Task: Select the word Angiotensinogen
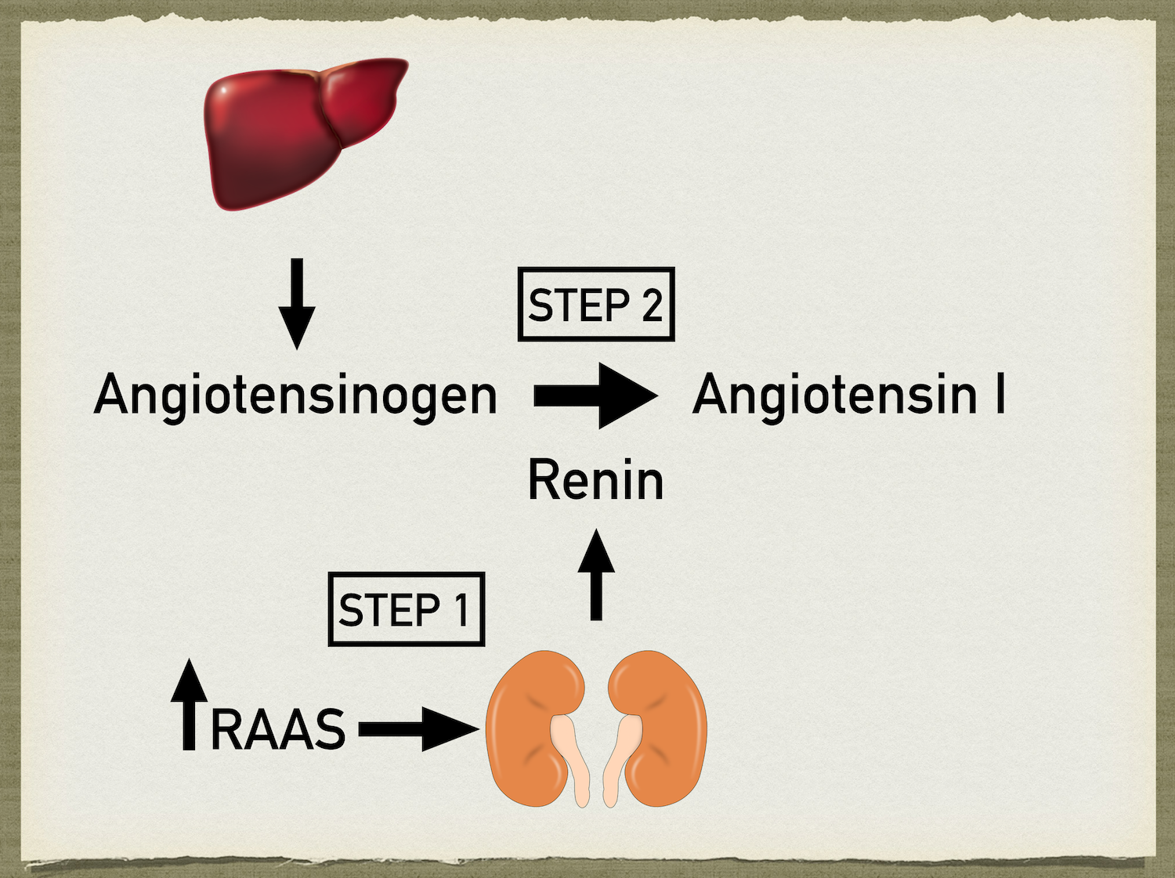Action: pyautogui.click(x=295, y=395)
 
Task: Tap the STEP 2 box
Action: pyautogui.click(x=595, y=305)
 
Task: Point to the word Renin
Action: pyautogui.click(x=595, y=479)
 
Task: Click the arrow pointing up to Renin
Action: pyautogui.click(x=596, y=575)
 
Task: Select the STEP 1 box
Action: pyautogui.click(x=406, y=609)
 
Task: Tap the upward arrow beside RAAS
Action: pyautogui.click(x=189, y=705)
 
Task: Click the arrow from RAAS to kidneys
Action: pyautogui.click(x=419, y=729)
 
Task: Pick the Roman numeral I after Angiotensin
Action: pyautogui.click(x=1000, y=394)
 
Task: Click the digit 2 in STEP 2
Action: pyautogui.click(x=652, y=305)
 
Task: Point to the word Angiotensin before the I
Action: pyautogui.click(x=835, y=395)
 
